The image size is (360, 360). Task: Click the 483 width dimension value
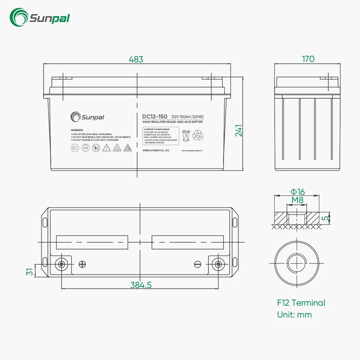136,59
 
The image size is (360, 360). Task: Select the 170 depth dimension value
308,59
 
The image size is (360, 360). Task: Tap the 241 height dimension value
239,130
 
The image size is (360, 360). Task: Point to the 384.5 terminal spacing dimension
141,285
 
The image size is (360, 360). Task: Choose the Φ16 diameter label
297,192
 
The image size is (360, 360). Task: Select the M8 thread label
297,200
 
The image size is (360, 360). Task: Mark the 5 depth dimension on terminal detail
325,218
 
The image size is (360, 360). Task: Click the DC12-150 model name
154,116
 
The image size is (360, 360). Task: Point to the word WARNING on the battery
77,130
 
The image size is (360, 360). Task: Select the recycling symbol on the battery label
198,136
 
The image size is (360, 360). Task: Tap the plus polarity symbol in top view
82,264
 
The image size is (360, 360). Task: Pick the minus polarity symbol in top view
197,264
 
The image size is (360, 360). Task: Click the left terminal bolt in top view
62,264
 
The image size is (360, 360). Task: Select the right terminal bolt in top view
218,264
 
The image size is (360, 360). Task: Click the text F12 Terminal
301,303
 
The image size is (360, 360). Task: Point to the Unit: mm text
294,315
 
